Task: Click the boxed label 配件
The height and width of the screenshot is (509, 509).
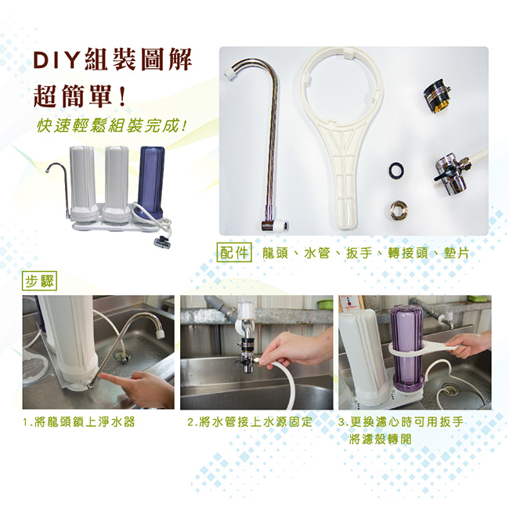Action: coord(234,253)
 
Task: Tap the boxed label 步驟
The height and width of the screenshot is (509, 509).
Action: coord(40,281)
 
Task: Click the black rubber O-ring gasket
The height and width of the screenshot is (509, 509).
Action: coord(397,169)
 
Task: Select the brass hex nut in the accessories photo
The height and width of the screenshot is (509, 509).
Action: coord(399,210)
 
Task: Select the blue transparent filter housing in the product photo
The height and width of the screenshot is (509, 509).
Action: coord(151,182)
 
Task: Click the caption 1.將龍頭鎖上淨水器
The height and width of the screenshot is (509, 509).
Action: coord(78,422)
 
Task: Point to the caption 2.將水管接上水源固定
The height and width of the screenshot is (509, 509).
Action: coord(250,422)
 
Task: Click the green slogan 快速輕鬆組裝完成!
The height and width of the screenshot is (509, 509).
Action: coord(111,126)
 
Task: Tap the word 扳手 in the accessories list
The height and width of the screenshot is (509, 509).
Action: coord(359,253)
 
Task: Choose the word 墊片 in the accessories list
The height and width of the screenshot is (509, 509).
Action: coord(457,253)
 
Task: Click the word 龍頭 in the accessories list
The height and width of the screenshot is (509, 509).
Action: coord(275,253)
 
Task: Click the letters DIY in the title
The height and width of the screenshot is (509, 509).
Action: coord(56,60)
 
